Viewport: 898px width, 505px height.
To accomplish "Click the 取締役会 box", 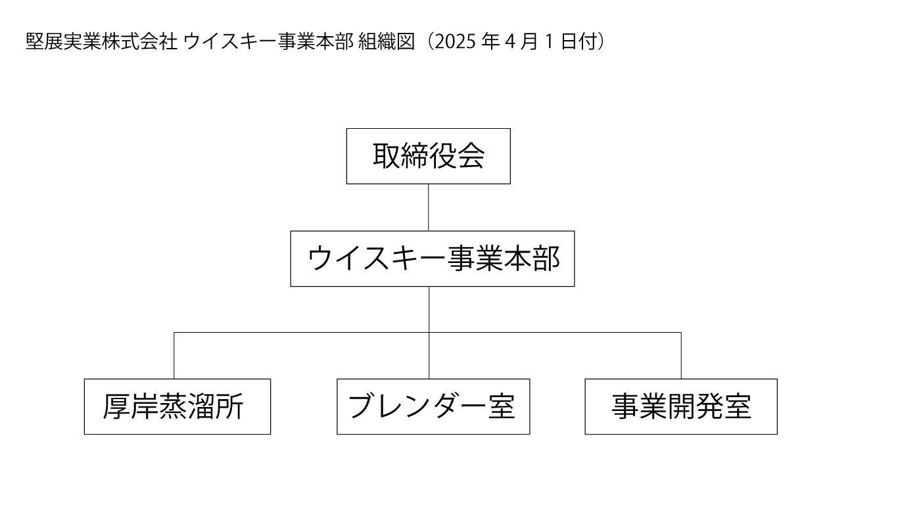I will pyautogui.click(x=428, y=156).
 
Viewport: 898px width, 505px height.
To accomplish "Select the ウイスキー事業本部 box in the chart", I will pyautogui.click(x=432, y=258).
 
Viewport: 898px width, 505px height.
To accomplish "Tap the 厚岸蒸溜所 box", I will pyautogui.click(x=177, y=406).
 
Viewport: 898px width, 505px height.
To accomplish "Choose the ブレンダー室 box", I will pyautogui.click(x=433, y=406).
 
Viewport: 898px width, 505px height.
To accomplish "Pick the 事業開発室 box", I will pyautogui.click(x=680, y=406).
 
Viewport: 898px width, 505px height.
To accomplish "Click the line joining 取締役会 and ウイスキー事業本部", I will pyautogui.click(x=429, y=207).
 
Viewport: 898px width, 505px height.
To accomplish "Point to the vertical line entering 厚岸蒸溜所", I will pyautogui.click(x=174, y=356).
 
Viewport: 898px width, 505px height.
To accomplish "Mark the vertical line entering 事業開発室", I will pyautogui.click(x=681, y=356).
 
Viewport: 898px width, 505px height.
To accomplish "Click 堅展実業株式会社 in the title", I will pyautogui.click(x=101, y=42).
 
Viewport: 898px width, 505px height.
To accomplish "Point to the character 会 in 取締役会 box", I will pyautogui.click(x=471, y=156).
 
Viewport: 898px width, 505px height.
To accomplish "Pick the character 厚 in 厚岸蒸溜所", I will pyautogui.click(x=116, y=406).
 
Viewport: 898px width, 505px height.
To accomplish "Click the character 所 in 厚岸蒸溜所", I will pyautogui.click(x=231, y=406).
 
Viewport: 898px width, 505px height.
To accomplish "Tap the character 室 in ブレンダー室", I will pyautogui.click(x=501, y=406).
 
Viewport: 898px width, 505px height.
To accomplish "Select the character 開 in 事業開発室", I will pyautogui.click(x=681, y=406).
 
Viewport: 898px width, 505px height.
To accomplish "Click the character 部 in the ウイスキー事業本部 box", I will pyautogui.click(x=546, y=258).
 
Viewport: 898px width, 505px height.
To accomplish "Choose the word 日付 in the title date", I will pyautogui.click(x=582, y=42).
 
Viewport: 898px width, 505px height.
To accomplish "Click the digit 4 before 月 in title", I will pyautogui.click(x=510, y=42).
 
